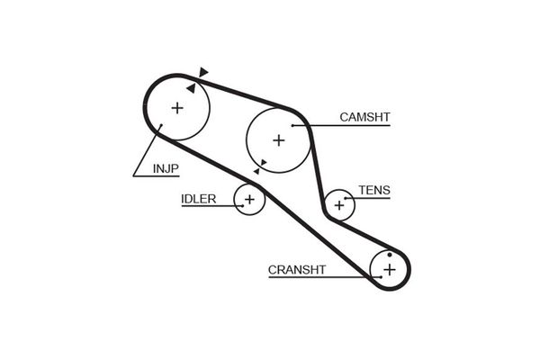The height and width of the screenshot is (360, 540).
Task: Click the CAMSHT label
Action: pyautogui.click(x=364, y=117)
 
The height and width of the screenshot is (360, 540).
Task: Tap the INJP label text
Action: pyautogui.click(x=166, y=169)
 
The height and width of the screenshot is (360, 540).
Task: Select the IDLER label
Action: pyautogui.click(x=199, y=199)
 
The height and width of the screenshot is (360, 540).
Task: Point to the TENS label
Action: pyautogui.click(x=374, y=190)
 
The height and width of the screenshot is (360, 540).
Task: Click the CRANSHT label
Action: pyautogui.click(x=297, y=270)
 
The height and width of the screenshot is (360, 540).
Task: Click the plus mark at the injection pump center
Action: pyautogui.click(x=177, y=108)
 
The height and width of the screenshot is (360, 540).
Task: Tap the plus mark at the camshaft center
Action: pyautogui.click(x=279, y=140)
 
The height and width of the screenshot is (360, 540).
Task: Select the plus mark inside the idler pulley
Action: pyautogui.click(x=249, y=199)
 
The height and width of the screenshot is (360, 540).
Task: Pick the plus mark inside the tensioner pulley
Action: pyautogui.click(x=339, y=205)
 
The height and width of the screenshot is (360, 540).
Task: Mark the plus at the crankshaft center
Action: pyautogui.click(x=390, y=269)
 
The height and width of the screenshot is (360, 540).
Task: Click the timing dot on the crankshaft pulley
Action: pyautogui.click(x=390, y=255)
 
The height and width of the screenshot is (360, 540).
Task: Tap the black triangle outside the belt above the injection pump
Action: pyautogui.click(x=203, y=72)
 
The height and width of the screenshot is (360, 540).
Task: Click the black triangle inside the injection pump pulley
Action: pyautogui.click(x=192, y=88)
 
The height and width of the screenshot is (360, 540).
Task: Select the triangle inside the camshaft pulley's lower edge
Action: pyautogui.click(x=264, y=162)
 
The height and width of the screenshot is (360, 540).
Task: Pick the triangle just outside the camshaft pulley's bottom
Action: pyautogui.click(x=256, y=171)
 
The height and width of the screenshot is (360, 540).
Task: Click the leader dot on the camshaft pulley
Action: pyautogui.click(x=292, y=125)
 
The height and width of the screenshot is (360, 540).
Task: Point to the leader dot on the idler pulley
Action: pyautogui.click(x=243, y=206)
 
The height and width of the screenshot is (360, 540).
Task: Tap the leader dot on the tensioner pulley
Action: pyautogui.click(x=345, y=198)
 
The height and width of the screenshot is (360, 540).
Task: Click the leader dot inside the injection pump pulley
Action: pyautogui.click(x=161, y=125)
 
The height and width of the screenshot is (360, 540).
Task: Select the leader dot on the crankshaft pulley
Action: pyautogui.click(x=382, y=276)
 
